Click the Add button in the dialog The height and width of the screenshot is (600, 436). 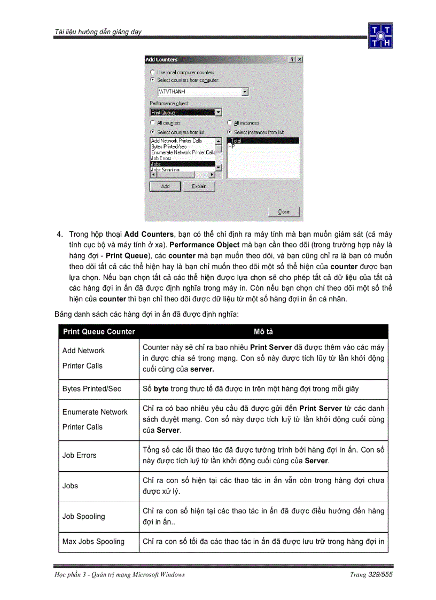[x=165, y=186]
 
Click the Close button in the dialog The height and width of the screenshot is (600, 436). [x=284, y=212]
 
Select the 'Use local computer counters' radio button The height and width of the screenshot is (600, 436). [x=153, y=72]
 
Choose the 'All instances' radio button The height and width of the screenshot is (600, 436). [x=230, y=123]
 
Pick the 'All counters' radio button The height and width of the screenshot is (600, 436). [x=153, y=123]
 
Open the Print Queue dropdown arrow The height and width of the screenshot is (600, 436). [x=218, y=112]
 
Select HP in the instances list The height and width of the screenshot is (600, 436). [x=232, y=146]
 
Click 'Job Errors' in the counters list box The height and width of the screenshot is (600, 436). [x=161, y=158]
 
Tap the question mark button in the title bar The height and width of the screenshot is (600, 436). [x=292, y=59]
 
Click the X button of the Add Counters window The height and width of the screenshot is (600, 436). [x=299, y=59]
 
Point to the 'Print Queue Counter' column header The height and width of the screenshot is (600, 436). [x=99, y=332]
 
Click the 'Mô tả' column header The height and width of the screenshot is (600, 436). [x=263, y=332]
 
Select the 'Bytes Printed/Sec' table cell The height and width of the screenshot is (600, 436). [x=91, y=388]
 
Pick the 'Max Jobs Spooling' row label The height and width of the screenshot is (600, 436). [x=94, y=541]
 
